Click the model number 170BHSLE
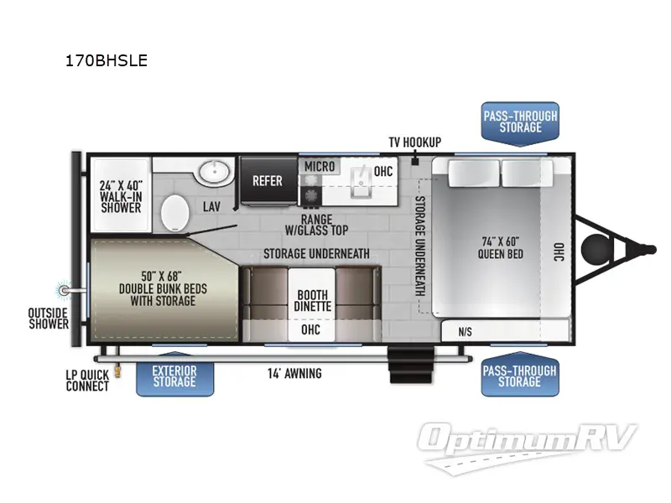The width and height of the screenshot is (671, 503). tap(106, 60)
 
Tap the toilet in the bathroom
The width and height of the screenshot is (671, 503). tap(174, 211)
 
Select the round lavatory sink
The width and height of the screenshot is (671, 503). tap(215, 174)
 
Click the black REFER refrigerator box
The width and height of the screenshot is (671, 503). tap(268, 180)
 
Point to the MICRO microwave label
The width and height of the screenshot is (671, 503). tap(320, 167)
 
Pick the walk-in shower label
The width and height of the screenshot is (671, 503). tap(121, 195)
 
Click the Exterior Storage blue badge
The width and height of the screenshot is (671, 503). tap(174, 376)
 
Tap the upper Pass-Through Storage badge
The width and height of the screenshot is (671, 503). tap(520, 122)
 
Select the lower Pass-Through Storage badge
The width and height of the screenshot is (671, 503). tap(520, 376)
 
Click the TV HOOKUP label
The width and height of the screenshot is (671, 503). tap(414, 143)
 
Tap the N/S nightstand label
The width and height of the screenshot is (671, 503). tap(465, 331)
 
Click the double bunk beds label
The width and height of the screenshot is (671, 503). tap(163, 288)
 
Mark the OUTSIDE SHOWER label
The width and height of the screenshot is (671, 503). tap(48, 319)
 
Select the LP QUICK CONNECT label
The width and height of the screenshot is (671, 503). tap(87, 381)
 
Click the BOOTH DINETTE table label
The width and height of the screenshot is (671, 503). tap(312, 300)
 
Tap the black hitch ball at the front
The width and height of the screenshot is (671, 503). tap(598, 246)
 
